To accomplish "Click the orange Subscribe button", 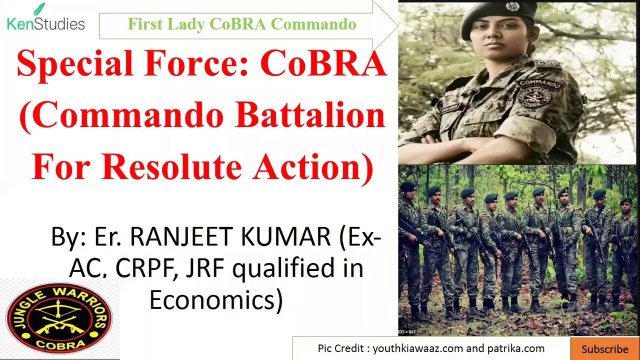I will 604,349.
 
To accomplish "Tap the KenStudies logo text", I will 46,23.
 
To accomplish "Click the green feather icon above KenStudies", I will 38,9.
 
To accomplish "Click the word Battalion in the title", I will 310,115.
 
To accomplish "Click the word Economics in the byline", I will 215,300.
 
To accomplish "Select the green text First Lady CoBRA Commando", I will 241,24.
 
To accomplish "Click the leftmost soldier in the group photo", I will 410,245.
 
